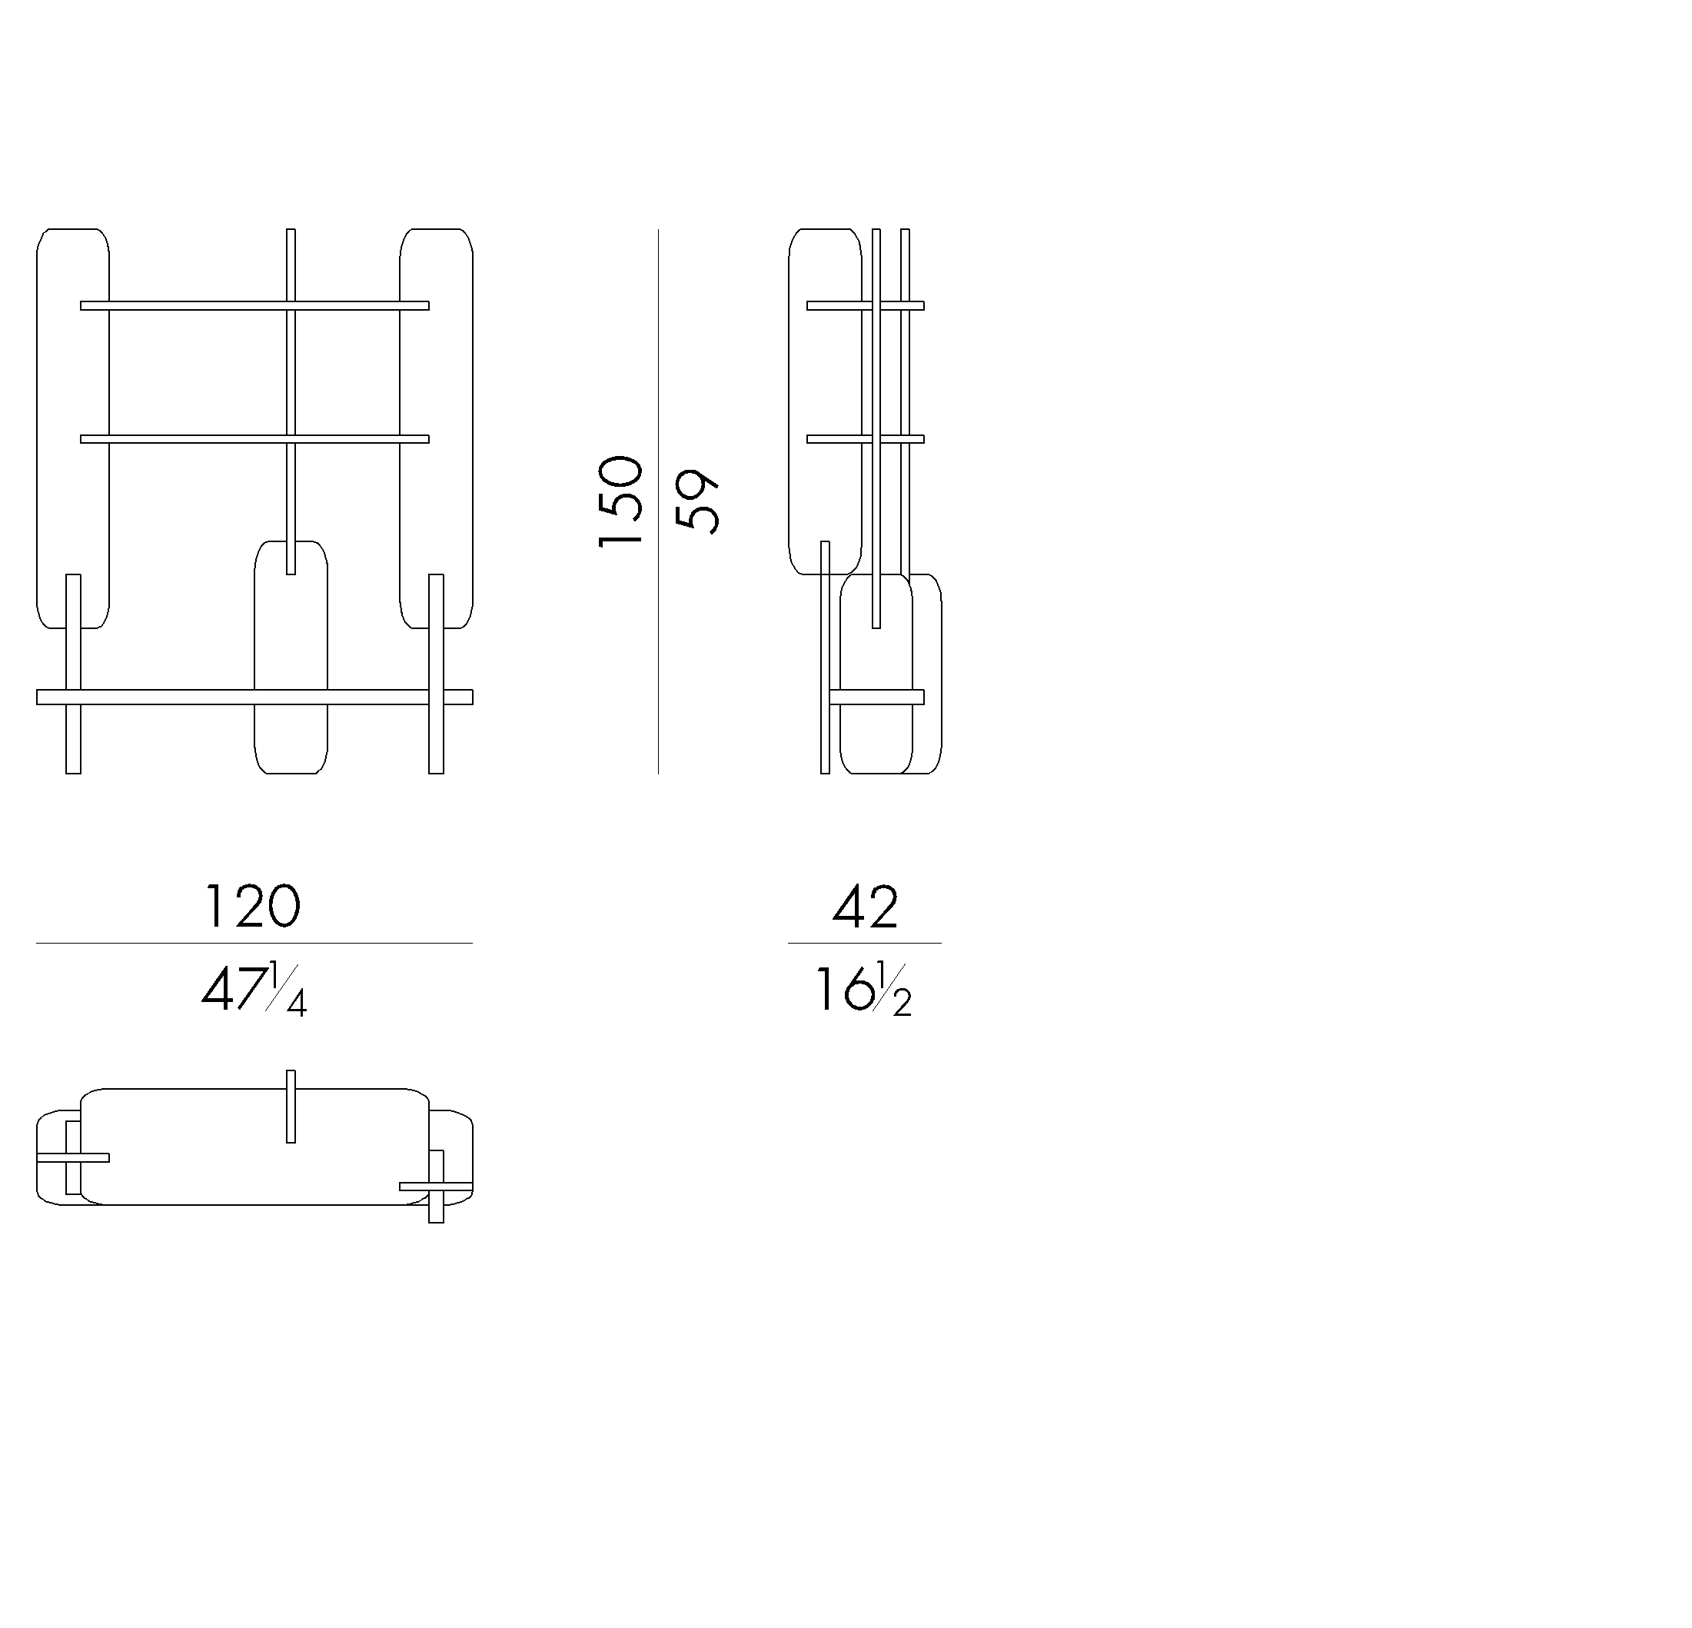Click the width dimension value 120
click(252, 906)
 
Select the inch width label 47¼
click(254, 989)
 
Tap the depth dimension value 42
click(865, 906)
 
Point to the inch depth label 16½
click(863, 989)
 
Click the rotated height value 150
click(620, 501)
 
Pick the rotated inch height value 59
click(696, 501)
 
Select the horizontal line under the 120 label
click(254, 943)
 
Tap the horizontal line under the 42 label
click(864, 943)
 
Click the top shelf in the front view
click(254, 306)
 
